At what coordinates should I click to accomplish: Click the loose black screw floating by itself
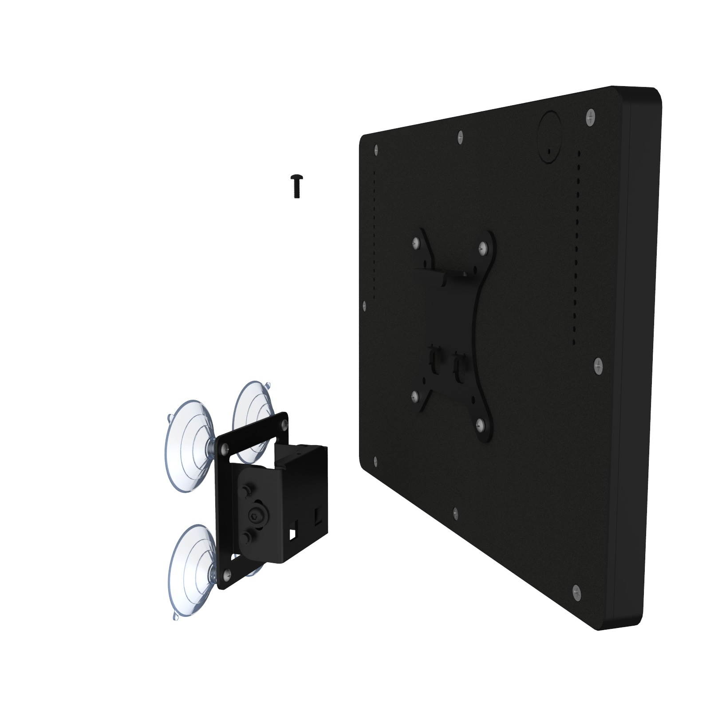296,186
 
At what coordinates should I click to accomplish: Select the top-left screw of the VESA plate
416,242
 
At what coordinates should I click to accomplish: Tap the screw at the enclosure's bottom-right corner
576,590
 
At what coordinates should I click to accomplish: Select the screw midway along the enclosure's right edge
597,366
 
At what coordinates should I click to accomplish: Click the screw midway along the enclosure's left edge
364,305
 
